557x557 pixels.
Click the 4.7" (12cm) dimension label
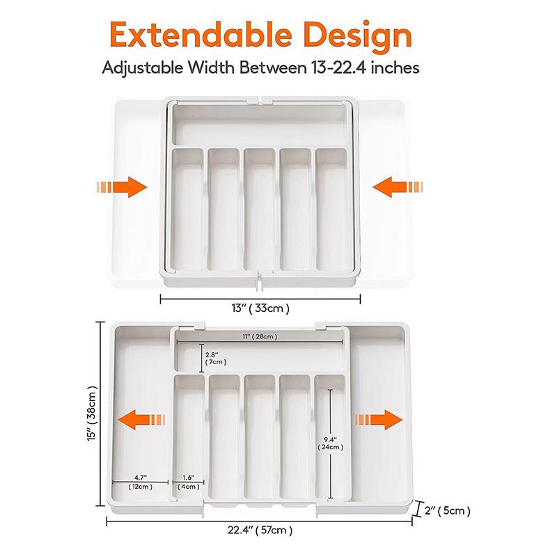(140, 482)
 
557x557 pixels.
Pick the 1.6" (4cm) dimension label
(188, 482)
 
